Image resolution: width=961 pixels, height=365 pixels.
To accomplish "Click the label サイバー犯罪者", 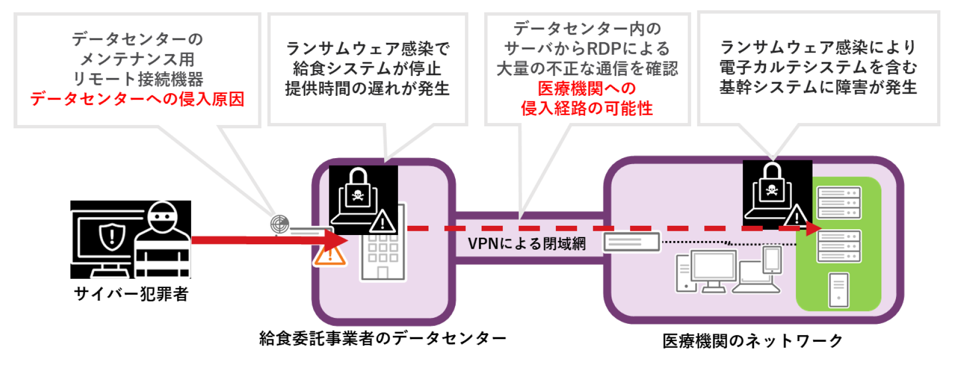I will click(x=131, y=294).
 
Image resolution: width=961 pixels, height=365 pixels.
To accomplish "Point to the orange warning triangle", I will click(x=329, y=255).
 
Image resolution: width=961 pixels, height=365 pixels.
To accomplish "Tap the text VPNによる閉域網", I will click(x=527, y=244).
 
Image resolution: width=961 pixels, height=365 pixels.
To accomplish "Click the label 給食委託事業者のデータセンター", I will click(x=382, y=338).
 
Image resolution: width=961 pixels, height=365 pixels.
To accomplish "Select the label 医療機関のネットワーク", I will click(x=752, y=341).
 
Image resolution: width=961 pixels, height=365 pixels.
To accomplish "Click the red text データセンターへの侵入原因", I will click(x=137, y=99).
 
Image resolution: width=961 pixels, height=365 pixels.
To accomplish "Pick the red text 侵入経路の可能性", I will click(x=587, y=108).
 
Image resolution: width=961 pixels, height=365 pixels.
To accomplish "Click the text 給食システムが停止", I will click(x=367, y=69).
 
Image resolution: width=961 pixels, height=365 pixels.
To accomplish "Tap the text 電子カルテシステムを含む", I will click(x=818, y=67).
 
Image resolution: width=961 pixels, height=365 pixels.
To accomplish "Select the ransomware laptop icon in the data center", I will click(x=358, y=198).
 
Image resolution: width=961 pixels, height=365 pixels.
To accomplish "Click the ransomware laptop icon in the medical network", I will click(x=772, y=192).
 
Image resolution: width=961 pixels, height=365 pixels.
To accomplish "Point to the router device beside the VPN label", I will click(x=632, y=242).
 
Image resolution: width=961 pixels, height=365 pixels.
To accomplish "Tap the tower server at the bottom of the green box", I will click(x=839, y=290).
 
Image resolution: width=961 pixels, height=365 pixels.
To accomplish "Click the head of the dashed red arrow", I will click(x=813, y=229).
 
